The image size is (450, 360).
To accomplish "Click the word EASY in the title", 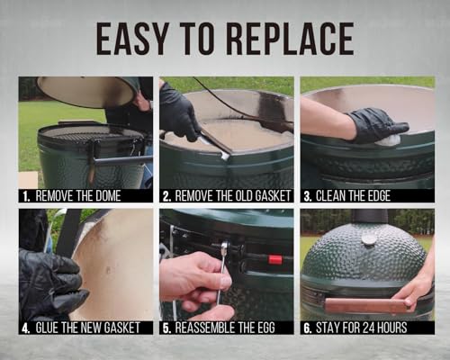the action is point(132,39).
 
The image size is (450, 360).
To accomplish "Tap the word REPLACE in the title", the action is point(291,39).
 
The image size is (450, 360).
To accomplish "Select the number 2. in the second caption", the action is point(167,196).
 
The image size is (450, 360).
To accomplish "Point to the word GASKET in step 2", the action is point(273,196).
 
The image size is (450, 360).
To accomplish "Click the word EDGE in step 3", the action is point(378,196).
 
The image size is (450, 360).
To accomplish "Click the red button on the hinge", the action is point(275,259).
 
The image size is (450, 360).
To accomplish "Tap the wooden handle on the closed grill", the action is point(366,305).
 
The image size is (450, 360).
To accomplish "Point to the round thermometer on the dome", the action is point(369,238).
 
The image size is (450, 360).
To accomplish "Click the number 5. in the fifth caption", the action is point(166,328).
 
